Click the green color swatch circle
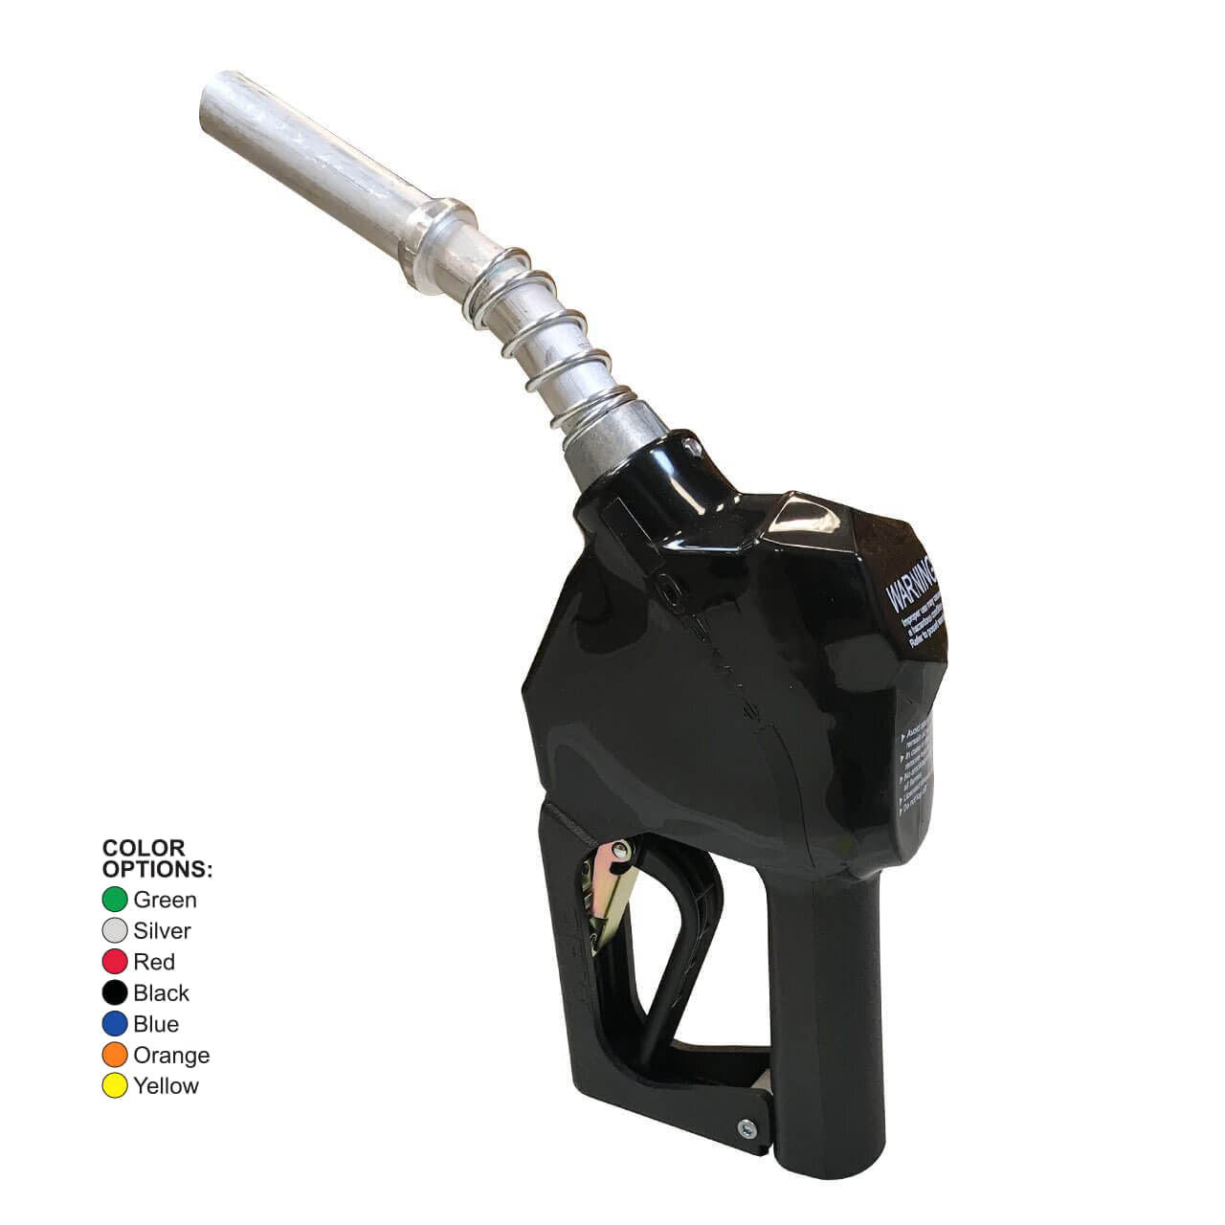tap(115, 900)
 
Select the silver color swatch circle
tap(115, 930)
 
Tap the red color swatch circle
tap(115, 962)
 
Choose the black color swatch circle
tap(115, 992)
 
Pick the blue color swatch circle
tap(115, 1024)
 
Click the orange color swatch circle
tap(115, 1055)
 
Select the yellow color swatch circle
tap(115, 1086)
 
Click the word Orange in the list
tap(171, 1055)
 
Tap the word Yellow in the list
tap(167, 1086)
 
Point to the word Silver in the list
tap(162, 930)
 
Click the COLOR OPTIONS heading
tap(156, 858)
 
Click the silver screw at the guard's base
tap(745, 1127)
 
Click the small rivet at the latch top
tap(622, 849)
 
